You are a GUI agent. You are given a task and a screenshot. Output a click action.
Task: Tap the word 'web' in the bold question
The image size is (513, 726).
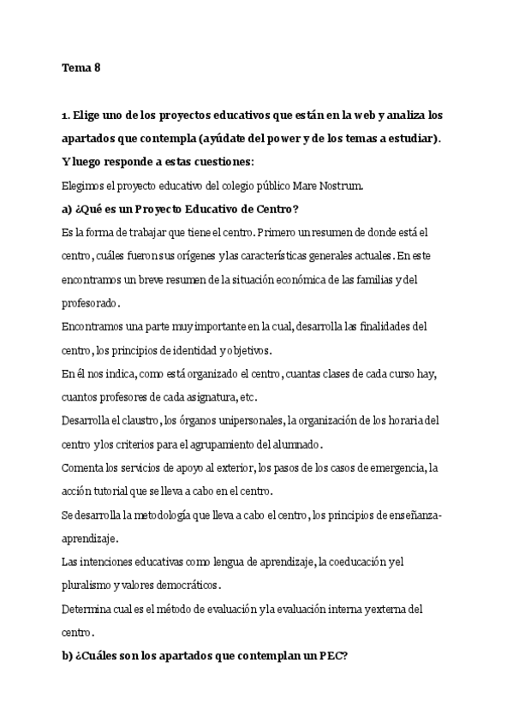[x=360, y=115]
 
